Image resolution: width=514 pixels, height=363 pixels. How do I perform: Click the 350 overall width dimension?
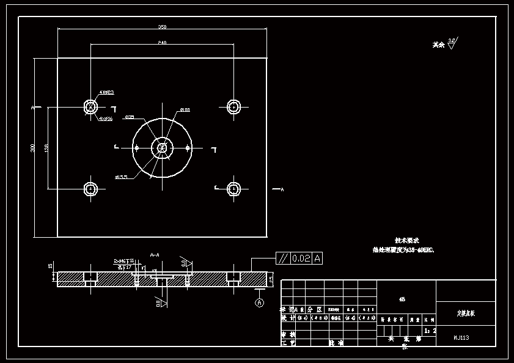[x=163, y=27]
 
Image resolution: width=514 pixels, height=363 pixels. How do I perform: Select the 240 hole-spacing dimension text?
[x=162, y=43]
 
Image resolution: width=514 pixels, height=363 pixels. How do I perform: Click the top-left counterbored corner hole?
[x=90, y=106]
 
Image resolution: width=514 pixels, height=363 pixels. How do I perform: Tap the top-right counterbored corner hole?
[x=233, y=106]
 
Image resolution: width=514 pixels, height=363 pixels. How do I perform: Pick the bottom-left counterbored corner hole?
[x=90, y=189]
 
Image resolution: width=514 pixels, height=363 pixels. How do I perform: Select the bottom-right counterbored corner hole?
[x=233, y=189]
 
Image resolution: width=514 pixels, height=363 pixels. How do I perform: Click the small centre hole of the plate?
[x=162, y=147]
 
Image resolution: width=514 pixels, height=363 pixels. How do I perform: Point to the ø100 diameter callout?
[x=185, y=110]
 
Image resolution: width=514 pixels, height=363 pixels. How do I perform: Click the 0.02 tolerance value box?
[x=301, y=258]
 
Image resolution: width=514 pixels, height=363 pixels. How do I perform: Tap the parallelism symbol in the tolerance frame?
[x=283, y=258]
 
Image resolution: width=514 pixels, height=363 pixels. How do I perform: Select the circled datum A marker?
[x=259, y=302]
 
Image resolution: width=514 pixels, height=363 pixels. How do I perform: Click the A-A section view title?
[x=155, y=254]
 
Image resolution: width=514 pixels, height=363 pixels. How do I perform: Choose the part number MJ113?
[x=461, y=337]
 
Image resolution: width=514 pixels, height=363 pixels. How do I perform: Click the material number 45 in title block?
[x=402, y=299]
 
